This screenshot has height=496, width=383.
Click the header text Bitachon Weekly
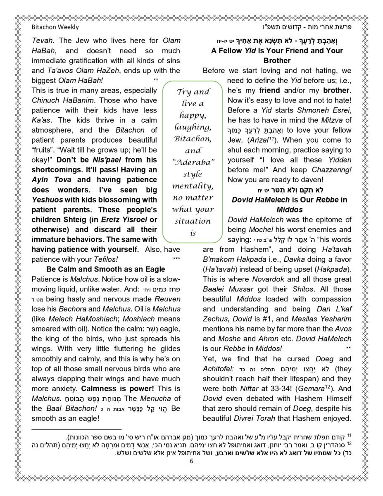click(x=55, y=27)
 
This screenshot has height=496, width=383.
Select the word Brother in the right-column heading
click(x=277, y=60)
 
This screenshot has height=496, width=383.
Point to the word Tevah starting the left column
click(x=42, y=41)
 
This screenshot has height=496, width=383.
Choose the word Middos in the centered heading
click(x=289, y=209)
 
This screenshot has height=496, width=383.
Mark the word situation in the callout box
click(x=193, y=221)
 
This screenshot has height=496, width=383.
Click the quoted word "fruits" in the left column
click(x=44, y=150)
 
